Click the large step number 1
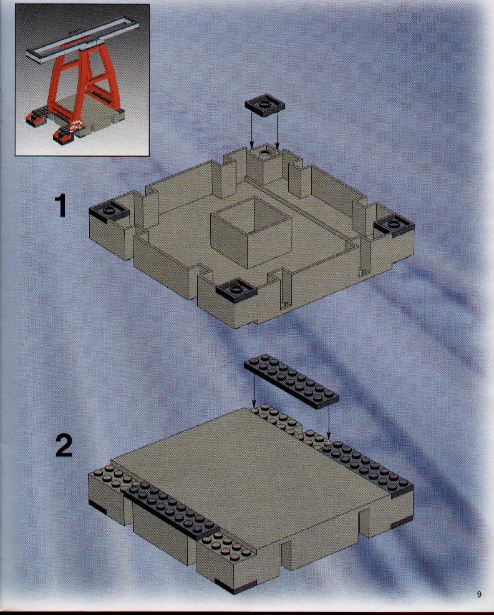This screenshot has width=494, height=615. click(61, 206)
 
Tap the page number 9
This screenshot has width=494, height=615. click(479, 594)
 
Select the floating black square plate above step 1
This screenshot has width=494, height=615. click(265, 105)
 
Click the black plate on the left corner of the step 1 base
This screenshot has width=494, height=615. click(109, 212)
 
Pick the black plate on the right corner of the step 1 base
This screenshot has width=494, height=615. click(394, 225)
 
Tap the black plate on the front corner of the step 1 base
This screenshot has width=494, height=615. click(236, 290)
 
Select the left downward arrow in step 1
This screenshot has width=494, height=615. click(252, 130)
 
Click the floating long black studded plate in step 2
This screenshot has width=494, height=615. click(291, 381)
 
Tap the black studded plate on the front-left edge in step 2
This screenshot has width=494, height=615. click(170, 511)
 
